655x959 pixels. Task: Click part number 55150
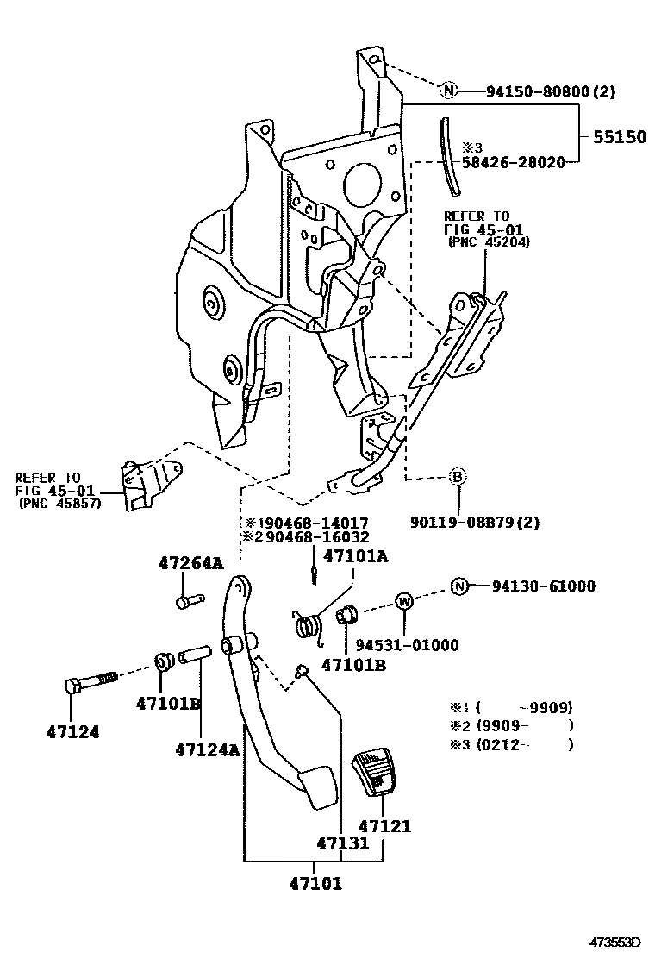click(x=618, y=136)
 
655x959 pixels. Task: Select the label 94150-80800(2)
click(x=551, y=91)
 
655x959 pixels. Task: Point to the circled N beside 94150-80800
click(x=448, y=91)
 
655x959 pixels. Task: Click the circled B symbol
click(x=458, y=476)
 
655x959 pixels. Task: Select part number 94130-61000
click(x=544, y=587)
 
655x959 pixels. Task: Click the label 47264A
click(x=190, y=564)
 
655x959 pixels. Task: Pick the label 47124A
click(x=207, y=750)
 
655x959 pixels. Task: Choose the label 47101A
click(x=354, y=556)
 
